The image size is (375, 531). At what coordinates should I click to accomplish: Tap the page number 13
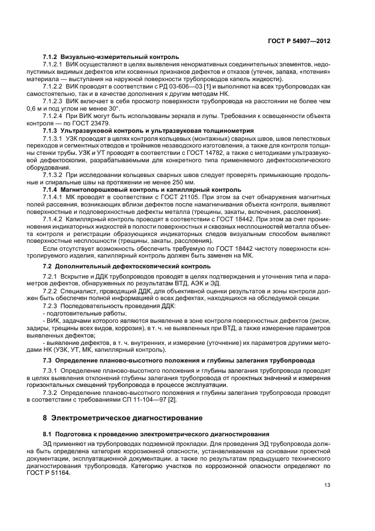[x=327, y=485]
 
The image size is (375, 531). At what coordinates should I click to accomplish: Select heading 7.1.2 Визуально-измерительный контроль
[x=111, y=57]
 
